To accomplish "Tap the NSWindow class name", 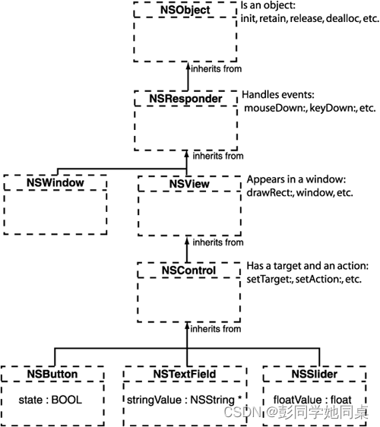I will [54, 183].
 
